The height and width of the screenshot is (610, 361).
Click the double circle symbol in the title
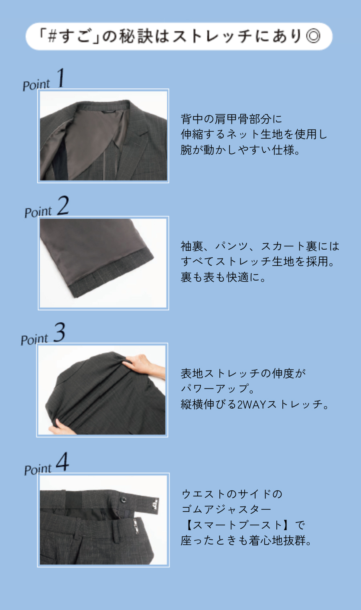pyautogui.click(x=313, y=37)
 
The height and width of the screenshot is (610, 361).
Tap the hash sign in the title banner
pyautogui.click(x=52, y=36)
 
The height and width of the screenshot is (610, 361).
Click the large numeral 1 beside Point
pyautogui.click(x=61, y=78)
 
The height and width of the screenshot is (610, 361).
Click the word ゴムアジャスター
pyautogui.click(x=226, y=509)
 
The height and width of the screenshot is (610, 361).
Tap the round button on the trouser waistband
pyautogui.click(x=123, y=499)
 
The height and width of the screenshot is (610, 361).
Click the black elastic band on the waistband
pyautogui.click(x=73, y=498)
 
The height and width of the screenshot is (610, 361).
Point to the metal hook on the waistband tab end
pyautogui.click(x=155, y=504)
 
